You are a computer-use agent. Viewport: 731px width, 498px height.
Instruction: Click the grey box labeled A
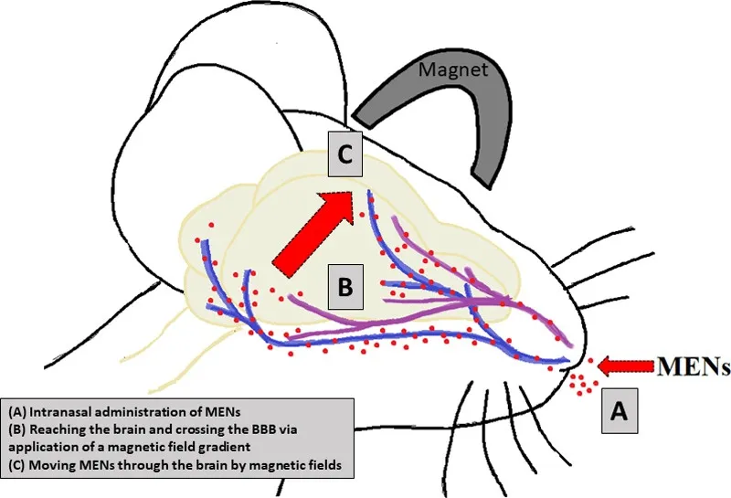618,412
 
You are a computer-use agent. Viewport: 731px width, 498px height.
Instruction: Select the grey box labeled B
344,286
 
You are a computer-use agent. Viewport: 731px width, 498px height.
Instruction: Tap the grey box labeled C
346,155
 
